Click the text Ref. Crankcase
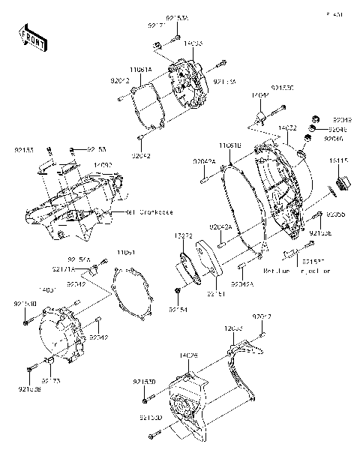pos(149,212)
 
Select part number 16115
pos(340,160)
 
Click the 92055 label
pos(335,214)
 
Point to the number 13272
pos(184,235)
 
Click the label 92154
pos(177,309)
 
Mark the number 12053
pos(233,328)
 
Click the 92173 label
pos(51,381)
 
